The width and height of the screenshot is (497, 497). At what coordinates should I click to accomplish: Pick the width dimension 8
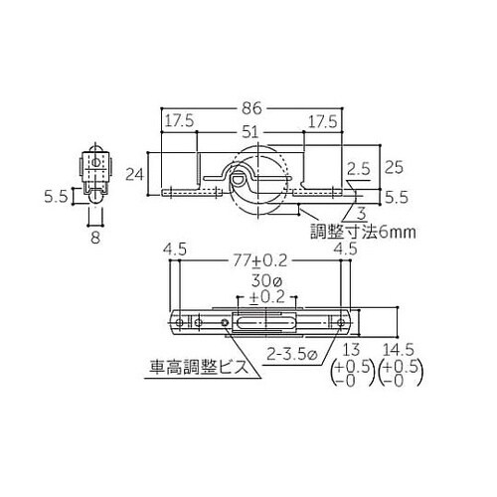(x=93, y=237)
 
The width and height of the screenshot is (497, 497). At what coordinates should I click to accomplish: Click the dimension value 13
(x=351, y=351)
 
